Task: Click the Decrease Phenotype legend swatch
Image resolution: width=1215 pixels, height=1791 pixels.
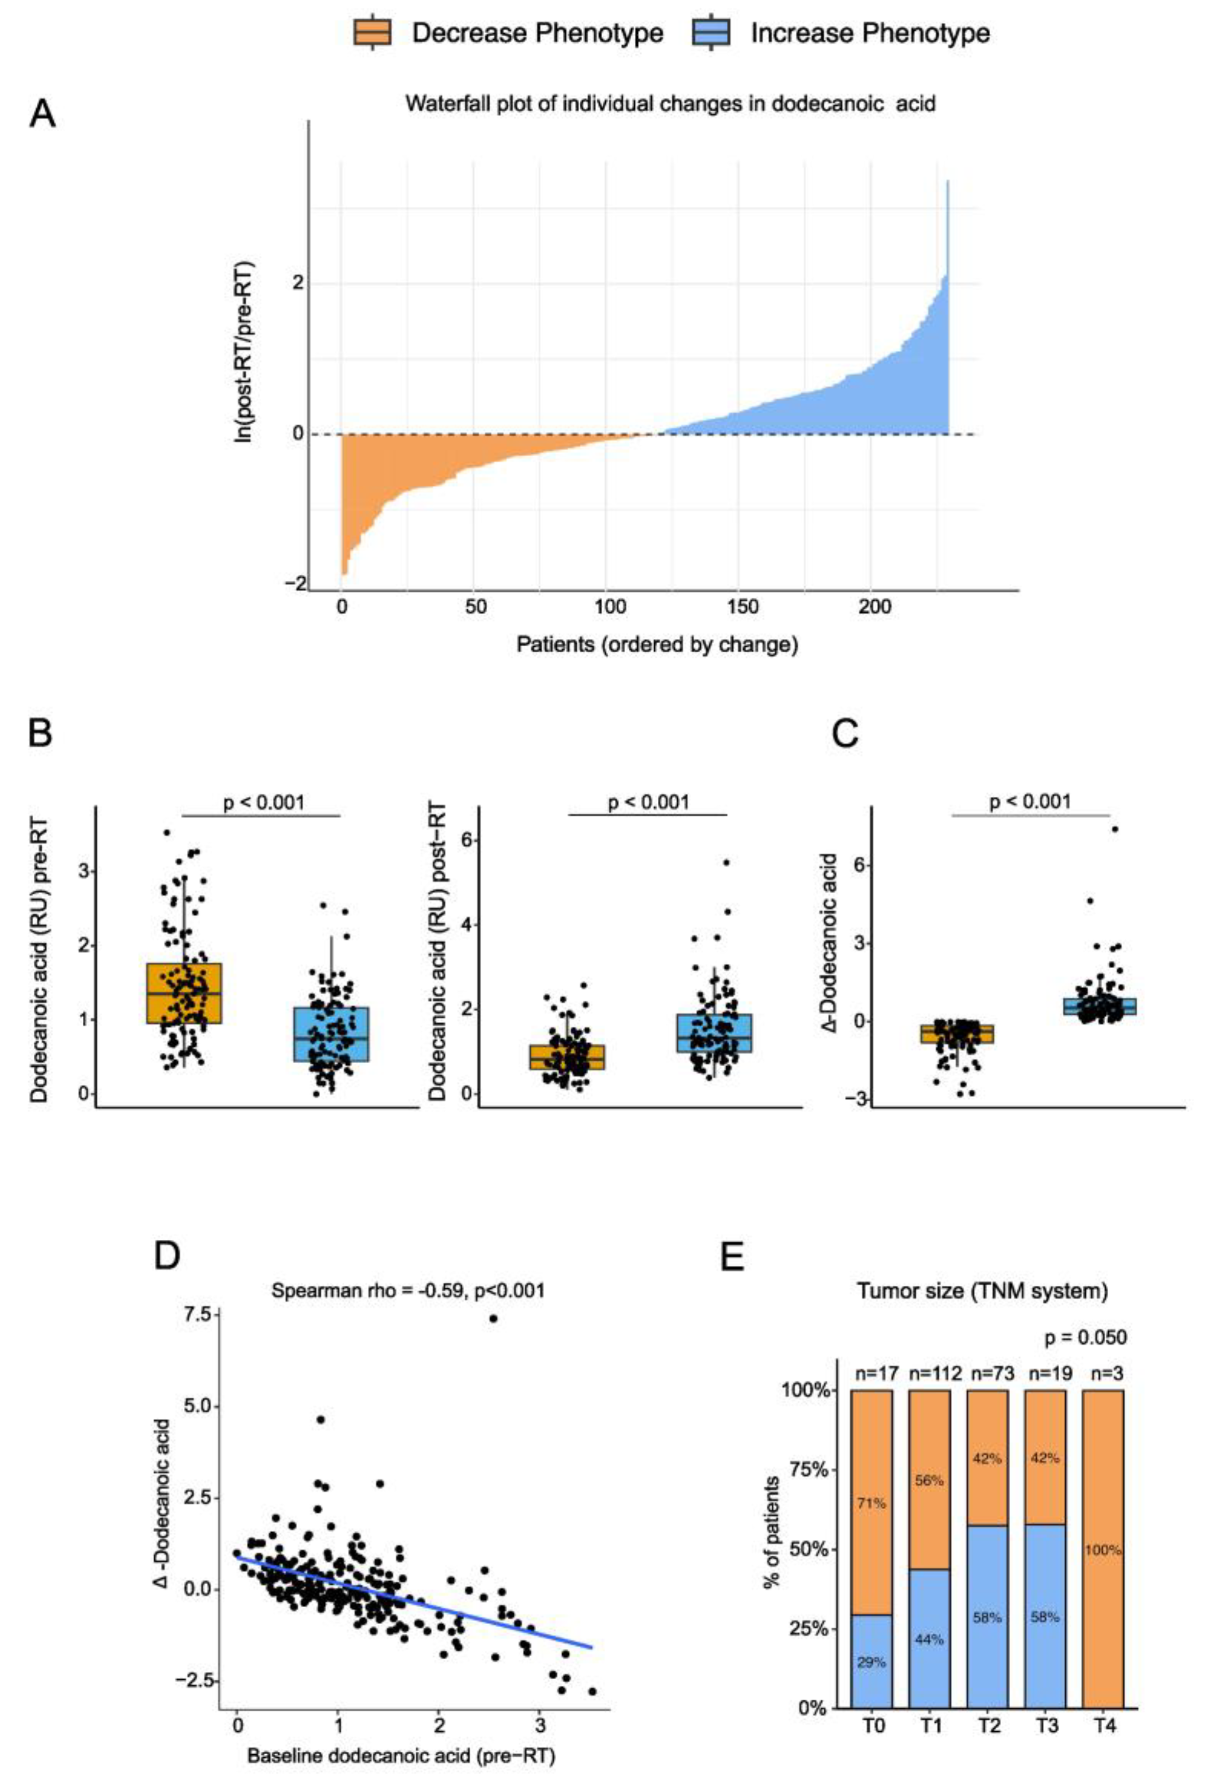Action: [372, 33]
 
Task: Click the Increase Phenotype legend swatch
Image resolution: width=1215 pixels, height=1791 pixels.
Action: [711, 33]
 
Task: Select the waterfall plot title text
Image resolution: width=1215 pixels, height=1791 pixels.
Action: [670, 103]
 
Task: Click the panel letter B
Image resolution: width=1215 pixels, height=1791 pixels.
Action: [40, 732]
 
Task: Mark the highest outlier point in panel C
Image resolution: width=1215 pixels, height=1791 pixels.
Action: [1114, 829]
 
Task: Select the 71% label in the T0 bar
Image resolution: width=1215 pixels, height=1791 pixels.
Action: [871, 1503]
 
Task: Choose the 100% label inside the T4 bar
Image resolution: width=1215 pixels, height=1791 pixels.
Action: [1103, 1549]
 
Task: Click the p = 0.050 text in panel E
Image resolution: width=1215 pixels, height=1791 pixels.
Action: [1085, 1337]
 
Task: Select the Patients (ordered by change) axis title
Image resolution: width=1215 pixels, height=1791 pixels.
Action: [657, 644]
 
